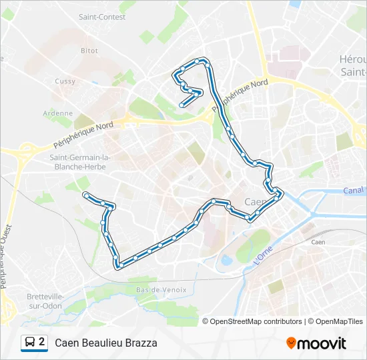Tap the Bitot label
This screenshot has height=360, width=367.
click(89, 51)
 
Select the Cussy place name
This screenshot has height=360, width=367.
click(65, 81)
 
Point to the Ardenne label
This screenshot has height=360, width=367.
click(57, 113)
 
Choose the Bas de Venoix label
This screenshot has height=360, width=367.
click(158, 290)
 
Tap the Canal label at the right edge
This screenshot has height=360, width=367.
click(355, 191)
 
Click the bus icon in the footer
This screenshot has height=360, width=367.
click(29, 343)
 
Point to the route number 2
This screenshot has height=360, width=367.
click(42, 343)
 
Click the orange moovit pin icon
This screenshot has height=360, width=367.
click(291, 343)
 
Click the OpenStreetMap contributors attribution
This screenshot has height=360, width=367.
click(256, 321)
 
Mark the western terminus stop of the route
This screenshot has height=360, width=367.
click(85, 195)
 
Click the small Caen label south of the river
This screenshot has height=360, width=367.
click(318, 242)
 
